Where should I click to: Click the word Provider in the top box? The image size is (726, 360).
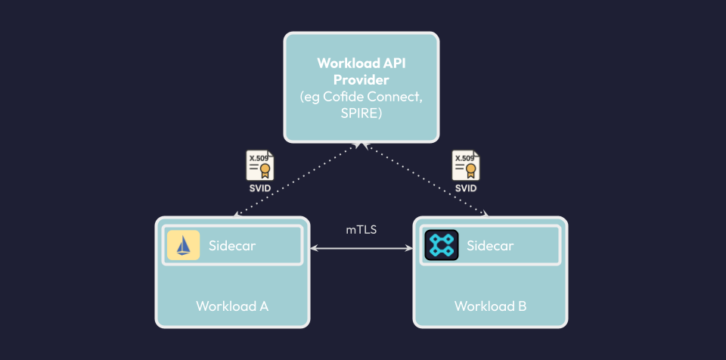pos(361,79)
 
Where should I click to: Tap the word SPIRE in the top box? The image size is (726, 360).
pos(361,113)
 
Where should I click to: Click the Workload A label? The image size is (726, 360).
pos(232,306)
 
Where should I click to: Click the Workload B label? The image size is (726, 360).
pos(490,306)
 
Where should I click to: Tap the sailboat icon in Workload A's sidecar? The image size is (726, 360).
pos(183,245)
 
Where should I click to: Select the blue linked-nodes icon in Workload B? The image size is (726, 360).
pos(441,245)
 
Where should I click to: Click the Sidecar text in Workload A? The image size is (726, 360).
pos(232,245)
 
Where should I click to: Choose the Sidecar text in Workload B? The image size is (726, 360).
pos(490,245)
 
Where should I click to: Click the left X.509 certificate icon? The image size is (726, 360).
pos(259,165)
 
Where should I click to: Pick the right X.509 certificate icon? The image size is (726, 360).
pos(465,165)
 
